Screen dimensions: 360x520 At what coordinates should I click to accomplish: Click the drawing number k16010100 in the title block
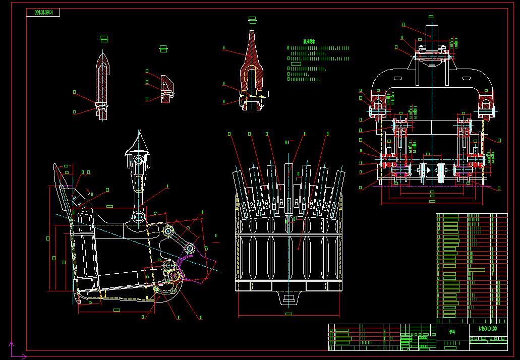click(488, 329)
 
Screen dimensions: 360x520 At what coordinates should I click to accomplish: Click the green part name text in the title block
click(452, 332)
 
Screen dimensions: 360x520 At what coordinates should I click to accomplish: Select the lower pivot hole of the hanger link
click(138, 218)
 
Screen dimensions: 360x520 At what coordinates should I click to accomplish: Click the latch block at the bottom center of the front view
click(289, 299)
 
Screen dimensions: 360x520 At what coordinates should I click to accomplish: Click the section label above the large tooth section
click(252, 20)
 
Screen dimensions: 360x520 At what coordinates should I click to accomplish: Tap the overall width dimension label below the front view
click(288, 314)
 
